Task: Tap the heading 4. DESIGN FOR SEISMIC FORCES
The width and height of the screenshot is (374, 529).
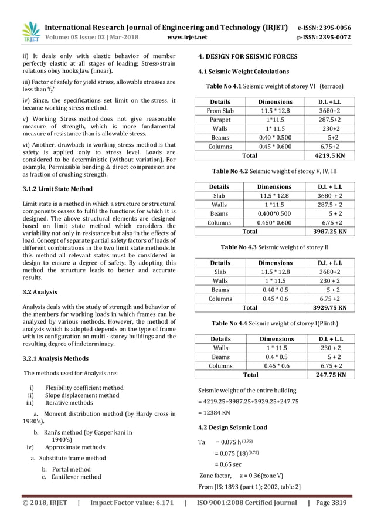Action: (248, 57)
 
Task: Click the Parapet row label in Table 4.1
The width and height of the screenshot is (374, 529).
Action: (220, 120)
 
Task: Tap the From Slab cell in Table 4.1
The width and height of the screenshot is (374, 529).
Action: (220, 111)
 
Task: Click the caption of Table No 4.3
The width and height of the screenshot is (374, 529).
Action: (274, 247)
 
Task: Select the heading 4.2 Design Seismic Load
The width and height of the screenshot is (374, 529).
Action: (233, 428)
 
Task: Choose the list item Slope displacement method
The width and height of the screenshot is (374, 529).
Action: (82, 395)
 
